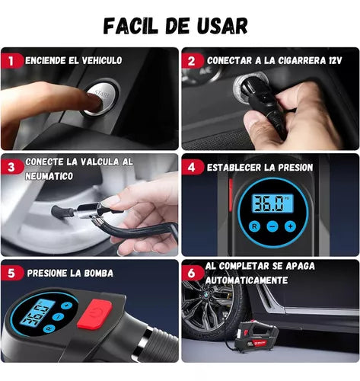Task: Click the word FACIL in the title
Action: [x=131, y=26]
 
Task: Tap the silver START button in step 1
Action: [x=101, y=98]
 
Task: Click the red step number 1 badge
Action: [x=11, y=61]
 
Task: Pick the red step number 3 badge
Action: [x=11, y=168]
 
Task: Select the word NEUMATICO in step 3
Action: [x=49, y=176]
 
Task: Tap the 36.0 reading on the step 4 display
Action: [x=269, y=203]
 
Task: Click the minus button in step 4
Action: [x=272, y=226]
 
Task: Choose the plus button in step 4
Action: [x=290, y=226]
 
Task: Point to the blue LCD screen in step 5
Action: [x=37, y=313]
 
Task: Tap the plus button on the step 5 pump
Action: [x=66, y=306]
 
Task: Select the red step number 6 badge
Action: [x=192, y=274]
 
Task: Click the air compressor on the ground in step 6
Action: [x=256, y=337]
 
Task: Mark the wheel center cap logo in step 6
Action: [x=205, y=296]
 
